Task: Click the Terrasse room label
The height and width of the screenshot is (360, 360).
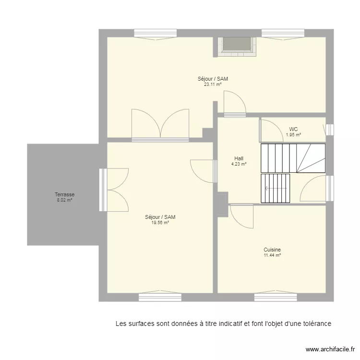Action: pyautogui.click(x=64, y=194)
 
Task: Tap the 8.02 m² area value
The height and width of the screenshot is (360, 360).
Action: pyautogui.click(x=64, y=200)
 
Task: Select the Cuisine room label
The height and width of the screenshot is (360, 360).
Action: pyautogui.click(x=272, y=250)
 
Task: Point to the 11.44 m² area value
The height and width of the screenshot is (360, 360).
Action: pyautogui.click(x=272, y=255)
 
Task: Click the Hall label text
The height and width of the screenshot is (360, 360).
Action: pyautogui.click(x=239, y=158)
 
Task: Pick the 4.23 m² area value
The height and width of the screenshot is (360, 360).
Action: pyautogui.click(x=239, y=164)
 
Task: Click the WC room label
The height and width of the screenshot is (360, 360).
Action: pyautogui.click(x=293, y=129)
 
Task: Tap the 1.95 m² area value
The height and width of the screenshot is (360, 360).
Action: pyautogui.click(x=293, y=135)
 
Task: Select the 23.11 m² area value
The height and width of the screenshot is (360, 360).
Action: pyautogui.click(x=213, y=84)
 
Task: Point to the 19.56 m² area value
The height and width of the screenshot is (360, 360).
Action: pyautogui.click(x=160, y=223)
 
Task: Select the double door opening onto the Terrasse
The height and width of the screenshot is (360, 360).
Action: pyautogui.click(x=115, y=190)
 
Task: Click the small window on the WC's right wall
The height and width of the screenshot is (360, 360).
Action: pyautogui.click(x=329, y=130)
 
